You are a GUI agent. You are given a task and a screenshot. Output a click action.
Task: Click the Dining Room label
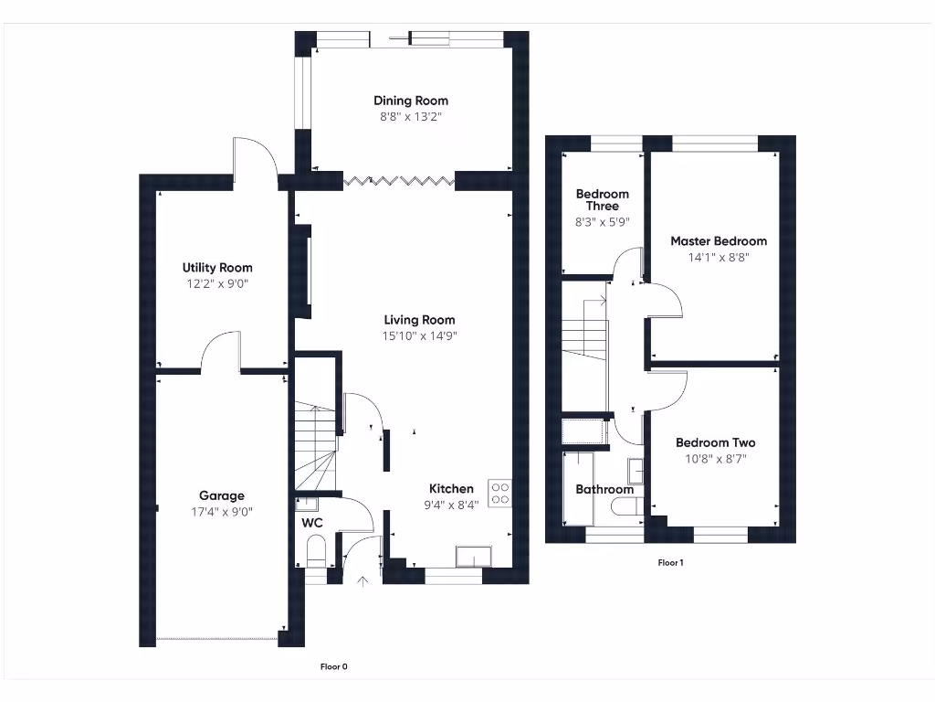[411, 101]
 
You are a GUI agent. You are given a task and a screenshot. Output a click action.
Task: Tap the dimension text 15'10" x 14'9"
[419, 335]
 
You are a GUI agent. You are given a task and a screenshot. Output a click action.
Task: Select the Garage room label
[222, 496]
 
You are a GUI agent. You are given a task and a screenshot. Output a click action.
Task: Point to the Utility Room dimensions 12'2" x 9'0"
[217, 283]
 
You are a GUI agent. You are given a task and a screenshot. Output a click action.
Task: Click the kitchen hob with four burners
[500, 493]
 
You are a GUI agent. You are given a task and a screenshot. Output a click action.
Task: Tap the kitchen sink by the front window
[475, 556]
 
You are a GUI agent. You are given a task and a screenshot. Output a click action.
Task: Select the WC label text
[313, 524]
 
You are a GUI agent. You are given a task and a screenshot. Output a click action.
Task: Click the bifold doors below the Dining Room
[399, 181]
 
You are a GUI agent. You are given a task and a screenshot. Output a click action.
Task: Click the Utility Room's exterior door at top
[254, 157]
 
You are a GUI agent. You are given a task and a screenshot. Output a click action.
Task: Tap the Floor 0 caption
[333, 667]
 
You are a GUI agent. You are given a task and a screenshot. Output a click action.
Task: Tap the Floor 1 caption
[670, 563]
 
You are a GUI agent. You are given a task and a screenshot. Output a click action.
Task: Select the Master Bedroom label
[719, 241]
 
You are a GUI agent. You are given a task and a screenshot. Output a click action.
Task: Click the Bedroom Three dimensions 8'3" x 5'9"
[602, 222]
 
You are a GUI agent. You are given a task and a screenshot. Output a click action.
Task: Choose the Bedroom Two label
[715, 442]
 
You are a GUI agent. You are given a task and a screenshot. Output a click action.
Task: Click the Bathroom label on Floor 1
[604, 490]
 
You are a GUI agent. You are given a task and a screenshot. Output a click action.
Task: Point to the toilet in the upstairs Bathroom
[625, 508]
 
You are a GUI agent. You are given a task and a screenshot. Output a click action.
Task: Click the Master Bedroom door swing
[665, 300]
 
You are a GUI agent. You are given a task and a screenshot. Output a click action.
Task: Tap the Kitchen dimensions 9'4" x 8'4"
[451, 505]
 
